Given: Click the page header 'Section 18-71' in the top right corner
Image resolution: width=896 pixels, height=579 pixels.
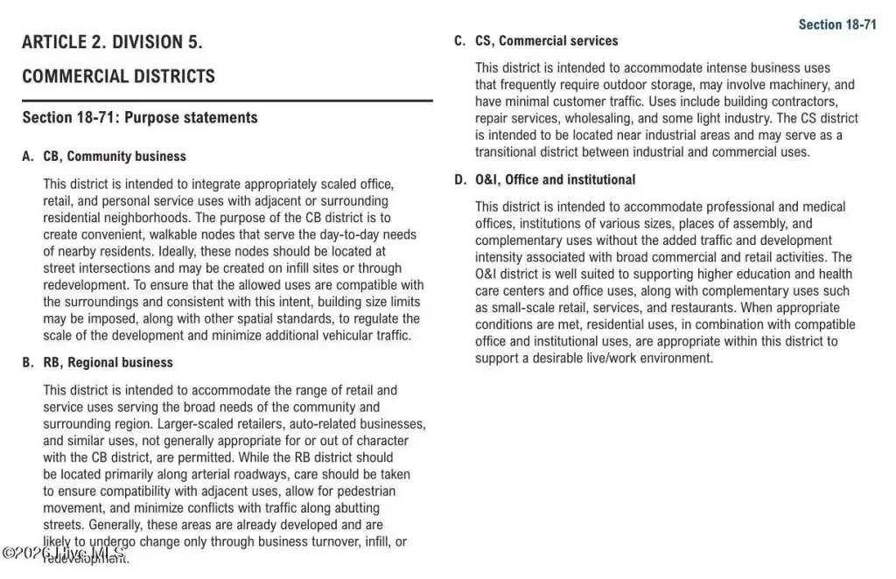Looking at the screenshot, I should coord(836,24).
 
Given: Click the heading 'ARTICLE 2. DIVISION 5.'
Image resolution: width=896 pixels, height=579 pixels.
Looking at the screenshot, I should coord(112,42).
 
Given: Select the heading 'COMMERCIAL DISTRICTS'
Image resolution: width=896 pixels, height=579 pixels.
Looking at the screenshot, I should coord(118,76).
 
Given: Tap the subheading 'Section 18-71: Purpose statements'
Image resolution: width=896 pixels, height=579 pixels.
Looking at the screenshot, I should coord(140,117).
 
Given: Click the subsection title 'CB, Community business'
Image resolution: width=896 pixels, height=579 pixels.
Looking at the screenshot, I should coord(115,157).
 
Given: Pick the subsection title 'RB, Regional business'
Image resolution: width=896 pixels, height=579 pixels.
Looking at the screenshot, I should coord(108,363).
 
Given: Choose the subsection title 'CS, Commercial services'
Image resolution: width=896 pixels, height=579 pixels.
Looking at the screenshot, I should coord(546,41).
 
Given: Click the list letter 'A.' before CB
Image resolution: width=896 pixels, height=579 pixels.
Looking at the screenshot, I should coord(28,157).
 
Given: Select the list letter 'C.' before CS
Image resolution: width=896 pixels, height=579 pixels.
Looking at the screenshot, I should coord(459,41).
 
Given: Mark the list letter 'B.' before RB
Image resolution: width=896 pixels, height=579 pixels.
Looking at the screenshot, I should coord(28,363).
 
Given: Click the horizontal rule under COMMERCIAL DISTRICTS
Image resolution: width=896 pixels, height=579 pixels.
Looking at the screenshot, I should coord(227,101).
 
